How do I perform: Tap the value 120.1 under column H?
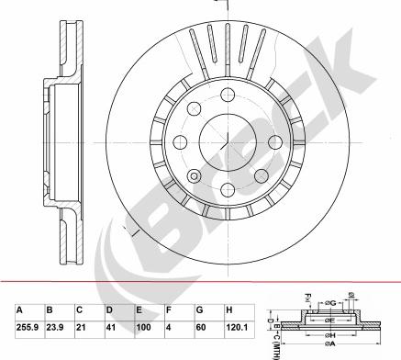(238, 326)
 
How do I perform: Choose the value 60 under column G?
(201, 326)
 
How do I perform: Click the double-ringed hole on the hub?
(194, 174)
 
